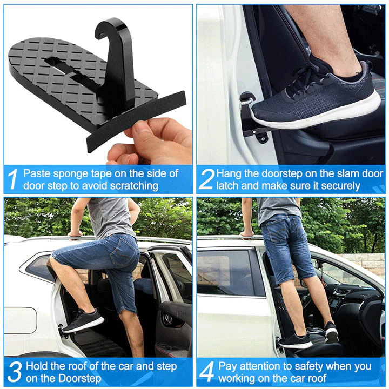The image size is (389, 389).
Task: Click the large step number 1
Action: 13,179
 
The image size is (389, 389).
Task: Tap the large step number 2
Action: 207,179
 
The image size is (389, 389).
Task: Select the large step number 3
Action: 15,372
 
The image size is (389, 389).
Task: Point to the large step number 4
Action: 207,372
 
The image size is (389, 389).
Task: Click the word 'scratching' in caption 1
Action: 134,186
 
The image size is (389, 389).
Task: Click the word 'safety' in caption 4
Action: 307,367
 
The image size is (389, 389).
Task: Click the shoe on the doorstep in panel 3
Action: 83,321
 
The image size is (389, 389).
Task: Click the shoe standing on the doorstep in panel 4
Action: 295,341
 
